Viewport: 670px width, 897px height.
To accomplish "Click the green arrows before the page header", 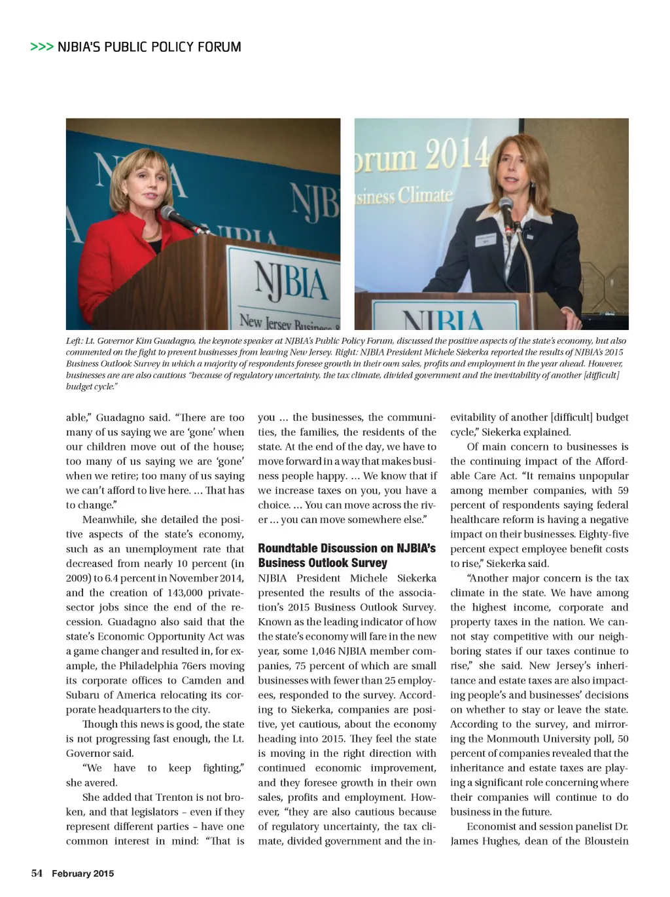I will (x=42, y=47).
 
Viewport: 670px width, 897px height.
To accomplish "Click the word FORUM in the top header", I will (x=219, y=47).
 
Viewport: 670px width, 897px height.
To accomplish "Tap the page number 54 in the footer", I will (x=37, y=873).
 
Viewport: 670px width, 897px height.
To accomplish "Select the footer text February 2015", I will (x=83, y=873).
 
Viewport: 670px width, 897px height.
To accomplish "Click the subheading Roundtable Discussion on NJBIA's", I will (x=347, y=549).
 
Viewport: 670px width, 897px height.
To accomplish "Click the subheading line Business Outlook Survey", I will (x=323, y=563).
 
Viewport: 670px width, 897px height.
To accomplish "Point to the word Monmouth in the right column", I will (x=514, y=739).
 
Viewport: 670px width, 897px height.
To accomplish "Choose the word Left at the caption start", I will (x=73, y=341).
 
